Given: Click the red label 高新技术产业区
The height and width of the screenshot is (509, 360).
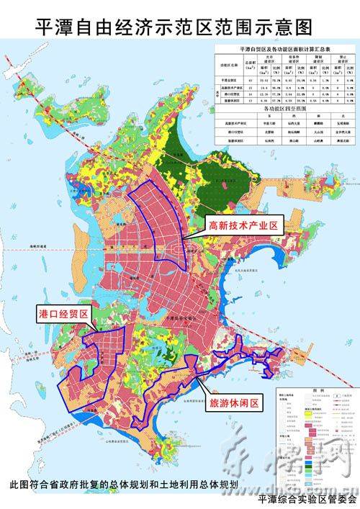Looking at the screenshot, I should point(243,225).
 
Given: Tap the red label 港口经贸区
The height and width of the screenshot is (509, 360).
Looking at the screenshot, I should point(63,314).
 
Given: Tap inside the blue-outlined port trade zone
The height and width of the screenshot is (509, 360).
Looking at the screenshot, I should point(101,356).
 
